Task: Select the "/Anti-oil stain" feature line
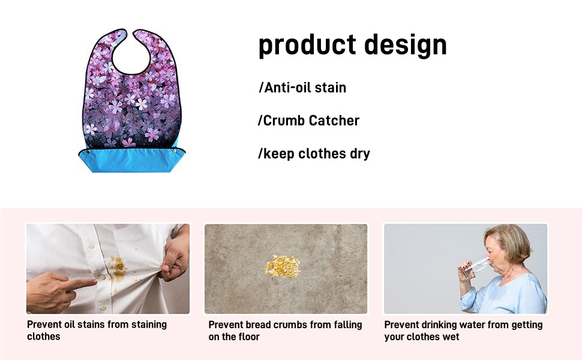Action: (302, 88)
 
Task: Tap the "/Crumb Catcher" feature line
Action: (308, 121)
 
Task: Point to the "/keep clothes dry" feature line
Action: (314, 154)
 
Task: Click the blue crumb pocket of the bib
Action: (130, 161)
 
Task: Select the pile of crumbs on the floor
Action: (282, 266)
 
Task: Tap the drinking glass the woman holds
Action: (476, 263)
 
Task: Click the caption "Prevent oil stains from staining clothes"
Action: (97, 331)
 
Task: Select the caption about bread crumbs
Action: (285, 331)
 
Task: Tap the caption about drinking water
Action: (463, 331)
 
